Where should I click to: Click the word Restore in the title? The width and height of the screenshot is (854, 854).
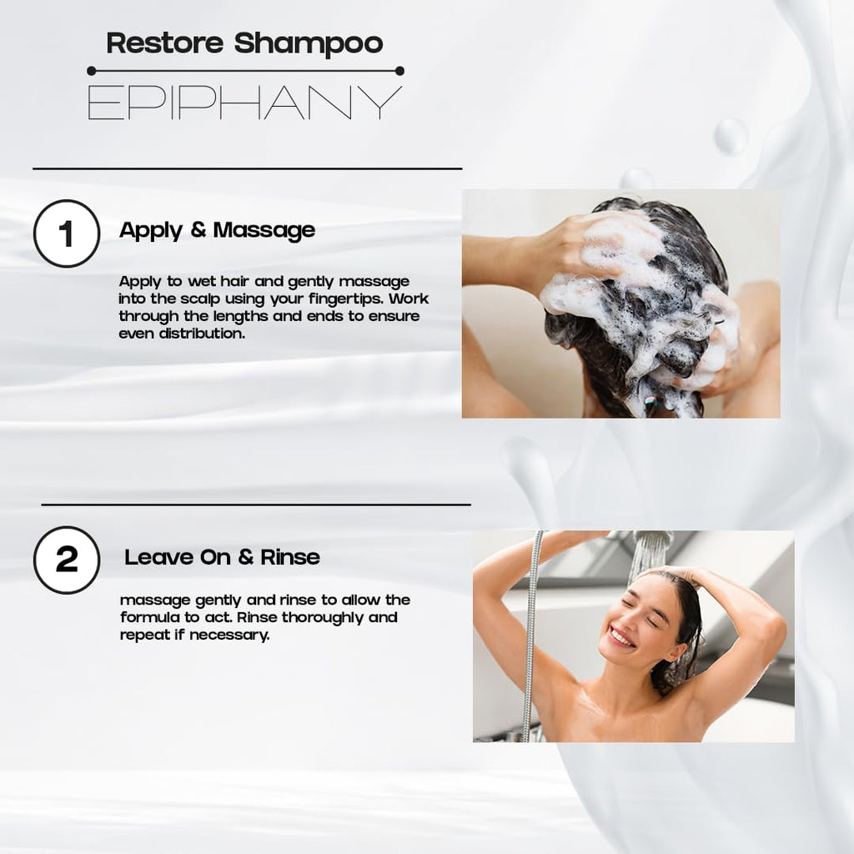(164, 43)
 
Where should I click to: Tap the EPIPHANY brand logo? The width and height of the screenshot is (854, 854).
(245, 103)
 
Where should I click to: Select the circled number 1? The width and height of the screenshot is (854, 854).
(67, 234)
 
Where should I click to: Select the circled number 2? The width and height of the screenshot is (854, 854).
(67, 560)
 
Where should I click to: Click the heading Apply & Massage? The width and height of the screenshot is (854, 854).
(218, 230)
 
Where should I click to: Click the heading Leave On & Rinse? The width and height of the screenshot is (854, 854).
(222, 557)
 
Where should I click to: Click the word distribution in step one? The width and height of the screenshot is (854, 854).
(202, 334)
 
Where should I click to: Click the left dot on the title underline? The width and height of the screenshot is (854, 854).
(92, 71)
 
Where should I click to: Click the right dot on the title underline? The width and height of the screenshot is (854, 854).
(399, 71)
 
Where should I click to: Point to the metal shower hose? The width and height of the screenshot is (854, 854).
(531, 636)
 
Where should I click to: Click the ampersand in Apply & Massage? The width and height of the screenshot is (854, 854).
(198, 229)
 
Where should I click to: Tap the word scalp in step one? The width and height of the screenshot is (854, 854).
(200, 299)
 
